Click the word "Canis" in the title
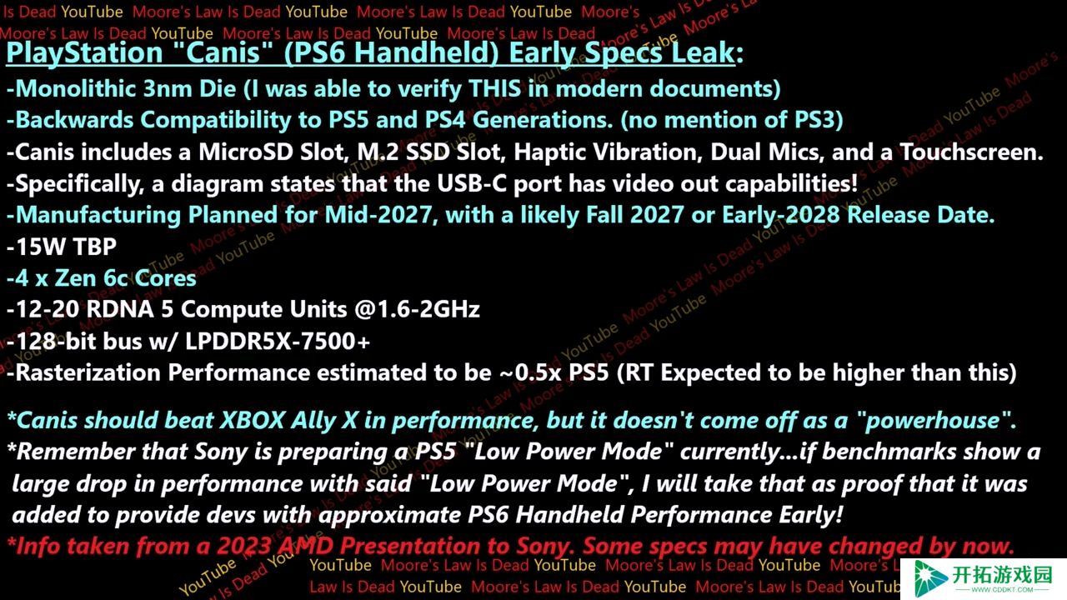pyautogui.click(x=223, y=52)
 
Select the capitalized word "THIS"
pyautogui.click(x=494, y=88)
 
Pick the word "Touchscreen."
pyautogui.click(x=971, y=152)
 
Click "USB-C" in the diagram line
pyautogui.click(x=472, y=184)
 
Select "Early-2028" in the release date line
pyautogui.click(x=781, y=215)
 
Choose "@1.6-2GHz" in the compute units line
pyautogui.click(x=417, y=309)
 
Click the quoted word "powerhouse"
pyautogui.click(x=932, y=421)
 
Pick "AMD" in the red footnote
pyautogui.click(x=306, y=547)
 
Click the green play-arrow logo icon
pyautogui.click(x=930, y=578)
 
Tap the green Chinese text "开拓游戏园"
pyautogui.click(x=1002, y=575)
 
